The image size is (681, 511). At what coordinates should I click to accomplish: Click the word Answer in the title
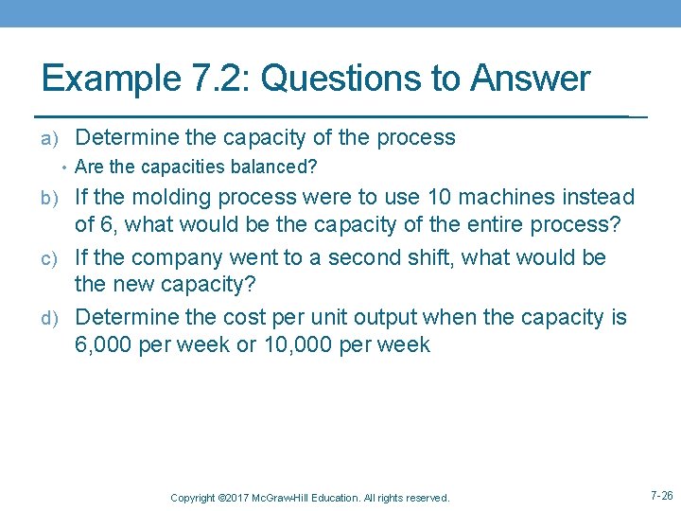533,79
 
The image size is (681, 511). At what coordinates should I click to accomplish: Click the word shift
443,257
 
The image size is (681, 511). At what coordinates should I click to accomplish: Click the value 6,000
104,345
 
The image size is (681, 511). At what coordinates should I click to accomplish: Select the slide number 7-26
662,495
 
